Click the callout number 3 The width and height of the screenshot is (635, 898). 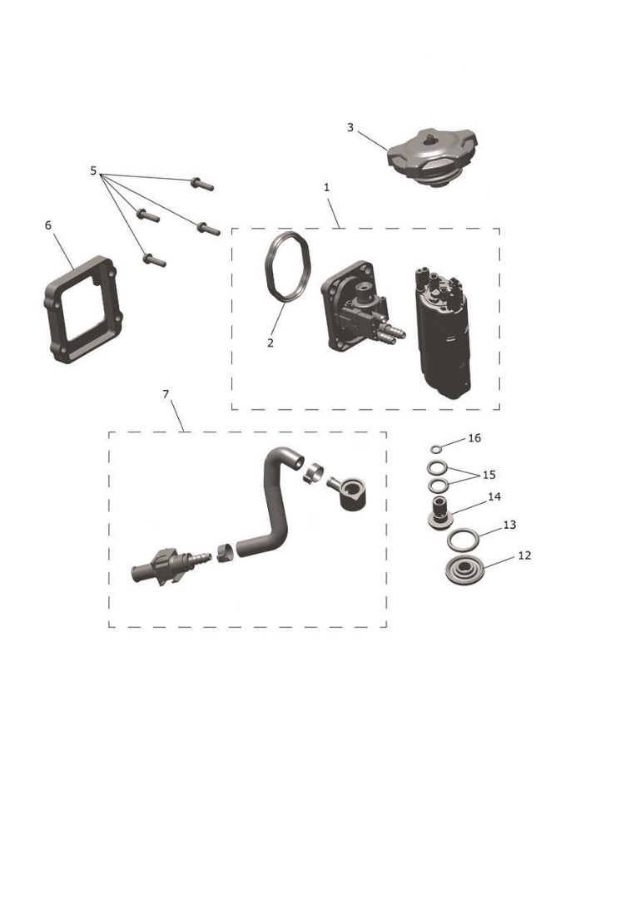(350, 127)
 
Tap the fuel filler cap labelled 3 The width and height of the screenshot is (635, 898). (430, 159)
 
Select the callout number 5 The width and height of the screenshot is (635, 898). (93, 171)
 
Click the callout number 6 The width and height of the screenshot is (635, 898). (47, 225)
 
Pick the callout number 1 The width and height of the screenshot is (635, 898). (327, 188)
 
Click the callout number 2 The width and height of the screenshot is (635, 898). (270, 343)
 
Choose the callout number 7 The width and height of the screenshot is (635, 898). (166, 393)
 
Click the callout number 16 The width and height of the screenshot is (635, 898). (474, 437)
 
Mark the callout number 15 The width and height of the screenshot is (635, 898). (489, 475)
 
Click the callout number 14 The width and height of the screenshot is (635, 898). (494, 496)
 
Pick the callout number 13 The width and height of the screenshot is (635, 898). (509, 525)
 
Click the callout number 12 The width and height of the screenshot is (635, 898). (524, 555)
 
